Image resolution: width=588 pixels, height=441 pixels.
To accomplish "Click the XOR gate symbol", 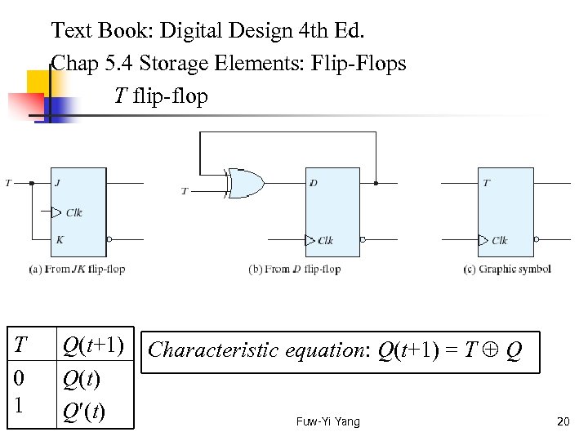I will click(x=246, y=183).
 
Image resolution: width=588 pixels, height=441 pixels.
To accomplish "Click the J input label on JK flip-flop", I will click(x=57, y=183).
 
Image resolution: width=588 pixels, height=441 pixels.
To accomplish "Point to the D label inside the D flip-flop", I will click(x=314, y=183).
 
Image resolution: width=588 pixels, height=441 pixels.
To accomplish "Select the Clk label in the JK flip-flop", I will click(x=74, y=212).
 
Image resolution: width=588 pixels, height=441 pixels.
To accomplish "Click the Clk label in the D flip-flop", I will click(x=325, y=240).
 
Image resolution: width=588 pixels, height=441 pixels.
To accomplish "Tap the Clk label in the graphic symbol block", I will click(x=499, y=240).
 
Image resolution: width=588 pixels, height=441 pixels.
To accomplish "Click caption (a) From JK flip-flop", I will click(x=77, y=269).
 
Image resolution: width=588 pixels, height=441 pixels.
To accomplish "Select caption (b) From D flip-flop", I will click(x=294, y=269).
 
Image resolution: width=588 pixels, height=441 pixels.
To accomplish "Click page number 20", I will click(x=562, y=421).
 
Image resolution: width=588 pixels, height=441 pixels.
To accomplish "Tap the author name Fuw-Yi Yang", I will click(x=327, y=421).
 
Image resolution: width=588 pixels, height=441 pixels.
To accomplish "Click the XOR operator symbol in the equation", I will click(x=492, y=351).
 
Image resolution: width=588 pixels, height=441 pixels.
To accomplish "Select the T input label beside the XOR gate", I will click(x=185, y=191).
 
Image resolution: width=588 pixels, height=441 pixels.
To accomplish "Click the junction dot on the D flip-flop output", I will click(x=376, y=183).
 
